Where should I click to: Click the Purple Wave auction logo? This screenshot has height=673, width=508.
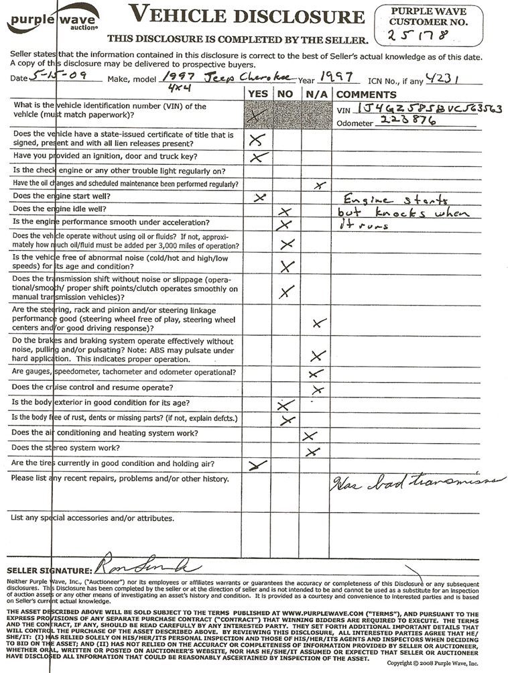[53, 19]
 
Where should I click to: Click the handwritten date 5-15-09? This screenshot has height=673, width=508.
[58, 77]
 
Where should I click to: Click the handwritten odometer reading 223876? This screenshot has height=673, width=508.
[401, 121]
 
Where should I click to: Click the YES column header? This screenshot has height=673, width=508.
[258, 95]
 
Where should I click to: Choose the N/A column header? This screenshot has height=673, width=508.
[316, 95]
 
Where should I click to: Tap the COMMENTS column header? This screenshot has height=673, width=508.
[366, 95]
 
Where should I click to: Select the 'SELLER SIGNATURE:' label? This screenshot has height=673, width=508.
[46, 570]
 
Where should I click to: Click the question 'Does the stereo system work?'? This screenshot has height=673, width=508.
[66, 448]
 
